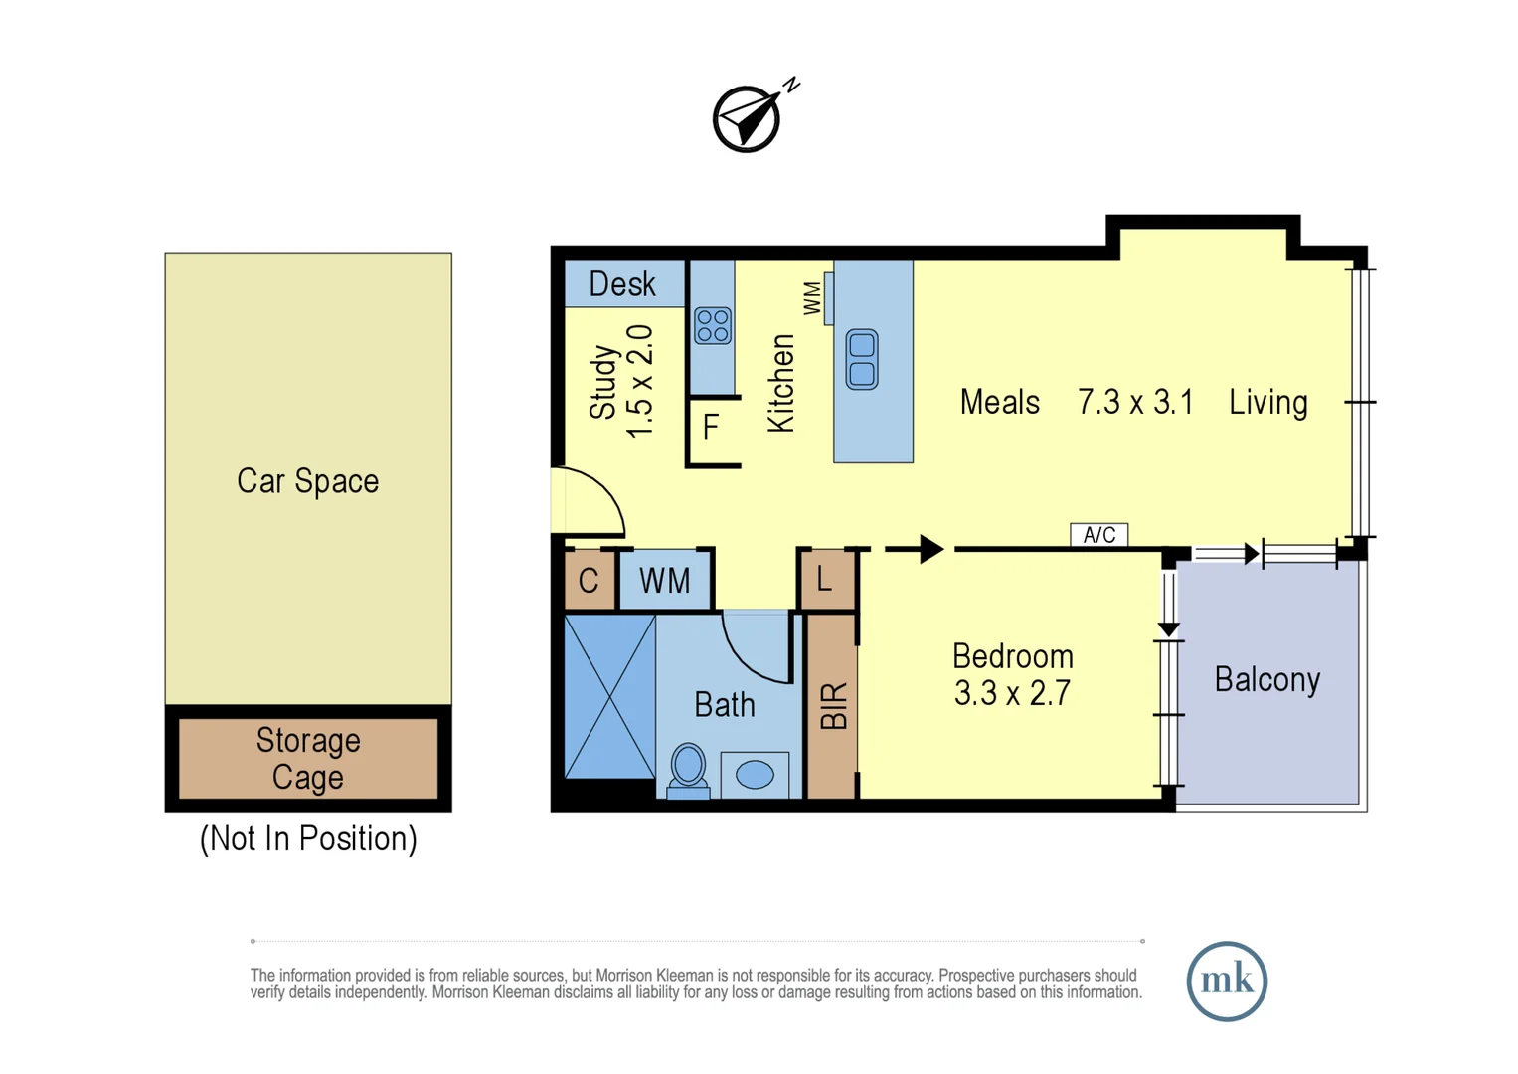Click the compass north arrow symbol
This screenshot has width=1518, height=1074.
[748, 118]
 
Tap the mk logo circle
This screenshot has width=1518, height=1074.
[1226, 981]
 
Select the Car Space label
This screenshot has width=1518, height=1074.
[307, 481]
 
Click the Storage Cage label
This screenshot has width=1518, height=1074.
[307, 758]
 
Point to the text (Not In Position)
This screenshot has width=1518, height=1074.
[308, 838]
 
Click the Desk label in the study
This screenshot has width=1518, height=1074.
[622, 284]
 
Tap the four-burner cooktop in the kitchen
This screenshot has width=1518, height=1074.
[713, 325]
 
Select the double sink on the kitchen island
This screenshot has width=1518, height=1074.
[862, 359]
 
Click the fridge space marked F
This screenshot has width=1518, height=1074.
[711, 428]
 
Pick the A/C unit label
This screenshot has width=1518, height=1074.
[1098, 535]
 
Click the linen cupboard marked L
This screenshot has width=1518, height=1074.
[824, 579]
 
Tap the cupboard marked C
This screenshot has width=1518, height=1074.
[589, 580]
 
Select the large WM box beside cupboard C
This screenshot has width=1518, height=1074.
[664, 580]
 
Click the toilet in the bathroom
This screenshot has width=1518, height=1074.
[688, 770]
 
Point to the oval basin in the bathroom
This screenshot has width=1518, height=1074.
[755, 774]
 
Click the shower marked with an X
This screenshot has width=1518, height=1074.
[609, 696]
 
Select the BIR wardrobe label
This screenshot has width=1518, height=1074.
[833, 706]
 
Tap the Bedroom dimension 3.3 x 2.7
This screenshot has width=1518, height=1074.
[1012, 692]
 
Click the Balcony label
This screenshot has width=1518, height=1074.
[1266, 679]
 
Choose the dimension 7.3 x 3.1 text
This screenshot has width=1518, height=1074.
[1135, 402]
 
